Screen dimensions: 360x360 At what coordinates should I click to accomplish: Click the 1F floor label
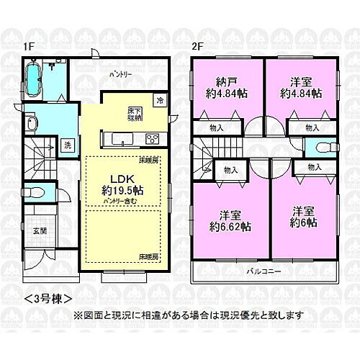click(x=27, y=47)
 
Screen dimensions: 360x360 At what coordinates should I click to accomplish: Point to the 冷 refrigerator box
click(x=161, y=100)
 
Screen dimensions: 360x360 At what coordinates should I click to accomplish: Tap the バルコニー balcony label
click(x=264, y=272)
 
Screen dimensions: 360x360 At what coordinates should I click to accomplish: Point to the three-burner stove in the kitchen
click(x=152, y=138)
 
